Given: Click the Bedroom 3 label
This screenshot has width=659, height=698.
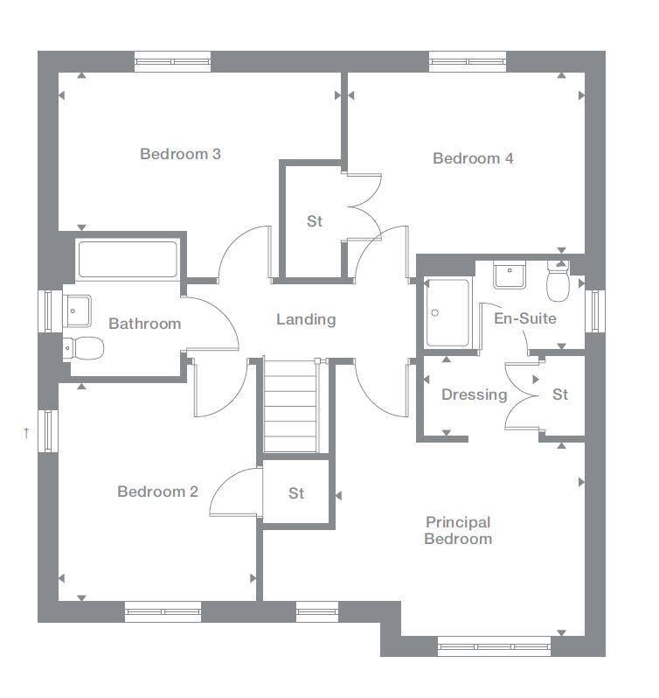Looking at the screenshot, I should [x=180, y=154].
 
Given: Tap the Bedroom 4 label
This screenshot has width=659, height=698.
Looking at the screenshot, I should [x=473, y=158].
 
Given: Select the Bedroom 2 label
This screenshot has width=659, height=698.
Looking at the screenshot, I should [x=157, y=492].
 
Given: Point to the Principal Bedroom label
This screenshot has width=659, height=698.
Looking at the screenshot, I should [x=458, y=530].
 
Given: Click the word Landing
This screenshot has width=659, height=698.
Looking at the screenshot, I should [x=306, y=319].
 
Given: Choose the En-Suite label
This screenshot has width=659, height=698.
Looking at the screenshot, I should [x=524, y=318].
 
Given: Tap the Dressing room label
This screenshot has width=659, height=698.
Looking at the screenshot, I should [x=474, y=394].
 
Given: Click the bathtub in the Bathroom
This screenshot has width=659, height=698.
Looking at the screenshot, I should [x=128, y=259].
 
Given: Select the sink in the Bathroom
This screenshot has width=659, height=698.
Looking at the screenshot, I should [x=77, y=308].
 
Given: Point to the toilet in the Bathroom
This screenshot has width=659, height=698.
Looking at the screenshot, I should [x=84, y=348].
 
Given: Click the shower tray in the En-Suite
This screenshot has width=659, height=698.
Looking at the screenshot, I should [x=447, y=312].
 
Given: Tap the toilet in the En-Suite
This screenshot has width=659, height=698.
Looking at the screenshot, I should [x=557, y=281].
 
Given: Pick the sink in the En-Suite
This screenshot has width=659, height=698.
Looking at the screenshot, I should [x=508, y=276].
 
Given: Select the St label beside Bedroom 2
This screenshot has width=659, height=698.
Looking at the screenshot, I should [x=296, y=493].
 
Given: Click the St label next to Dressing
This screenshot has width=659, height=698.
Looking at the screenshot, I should [x=560, y=394].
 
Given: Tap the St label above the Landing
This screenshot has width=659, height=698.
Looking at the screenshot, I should [x=315, y=221].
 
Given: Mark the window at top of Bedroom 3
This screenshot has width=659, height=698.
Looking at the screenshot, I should [x=172, y=61].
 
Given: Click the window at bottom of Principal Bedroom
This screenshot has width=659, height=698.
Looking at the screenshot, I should [x=495, y=647].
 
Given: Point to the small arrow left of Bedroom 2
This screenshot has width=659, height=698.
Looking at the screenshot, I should [x=27, y=432].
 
